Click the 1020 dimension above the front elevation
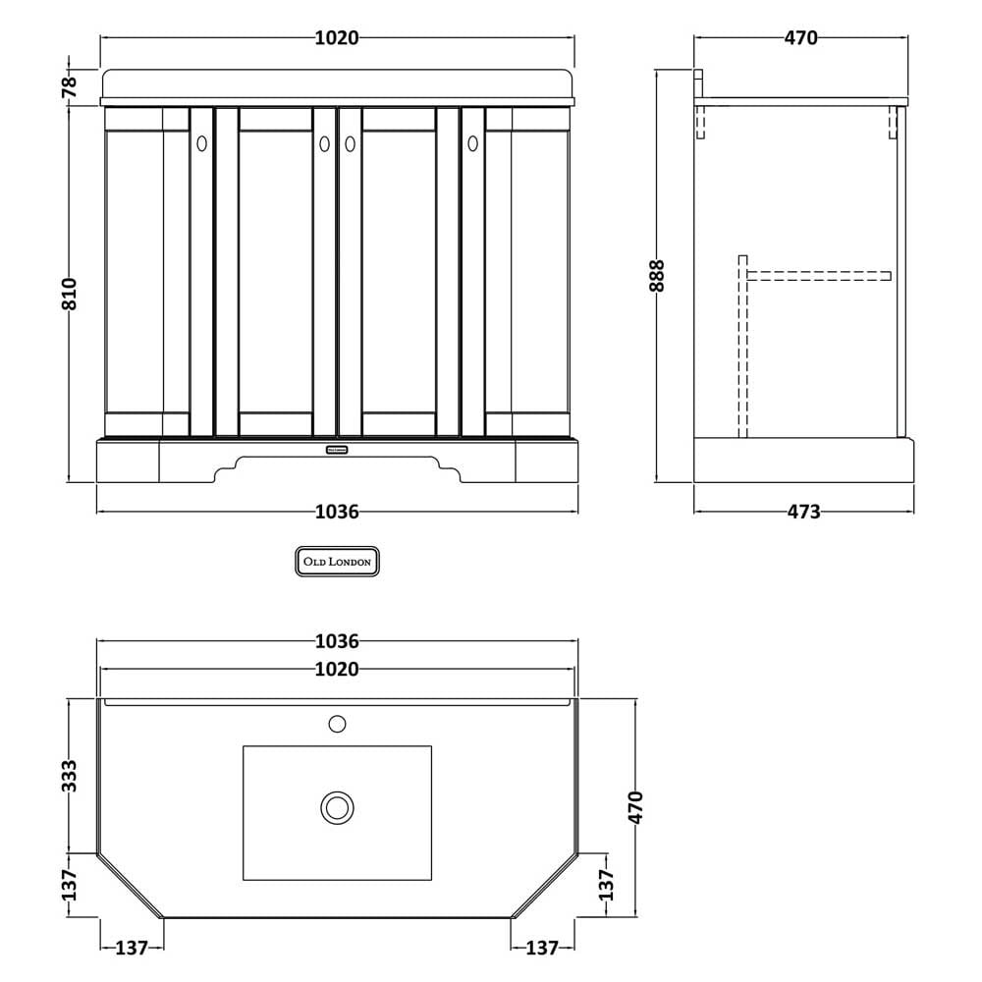click(x=336, y=38)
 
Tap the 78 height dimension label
click(x=70, y=85)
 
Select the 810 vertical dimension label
click(x=69, y=294)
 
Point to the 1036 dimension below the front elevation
click(x=337, y=512)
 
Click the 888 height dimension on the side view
click(x=657, y=276)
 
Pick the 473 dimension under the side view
click(x=803, y=512)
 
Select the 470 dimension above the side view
click(x=801, y=38)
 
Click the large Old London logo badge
click(x=337, y=561)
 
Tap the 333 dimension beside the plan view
click(x=70, y=776)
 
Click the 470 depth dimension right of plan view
click(x=635, y=807)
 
